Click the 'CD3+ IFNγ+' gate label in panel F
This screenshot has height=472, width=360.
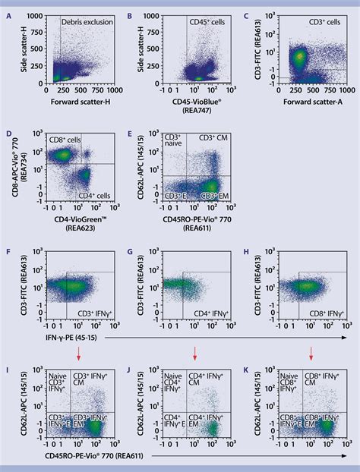(89, 312)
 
